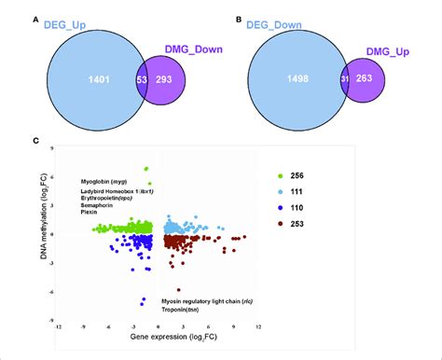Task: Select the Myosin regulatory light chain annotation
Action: click(x=208, y=304)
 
